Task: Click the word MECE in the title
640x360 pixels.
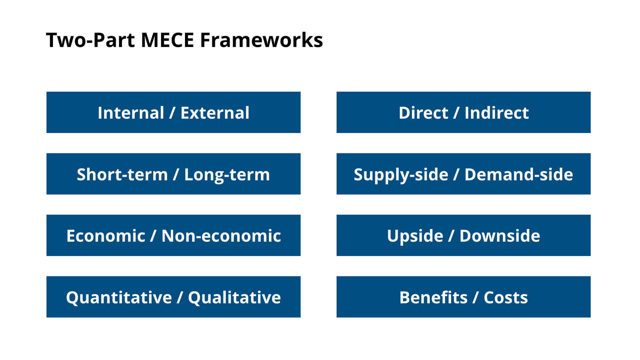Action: pos(167,40)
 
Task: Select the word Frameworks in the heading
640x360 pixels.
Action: pos(261,40)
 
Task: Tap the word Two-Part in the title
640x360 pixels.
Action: pos(90,40)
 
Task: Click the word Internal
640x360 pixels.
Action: pos(131,113)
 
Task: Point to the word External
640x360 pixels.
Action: pos(215,113)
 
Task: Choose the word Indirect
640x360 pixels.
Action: pos(496,113)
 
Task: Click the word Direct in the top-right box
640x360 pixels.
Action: pos(423,113)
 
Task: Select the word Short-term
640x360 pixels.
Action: pos(122,174)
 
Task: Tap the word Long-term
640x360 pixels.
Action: pos(227,174)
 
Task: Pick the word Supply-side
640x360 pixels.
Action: pos(401,175)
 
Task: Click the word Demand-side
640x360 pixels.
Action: pos(519,174)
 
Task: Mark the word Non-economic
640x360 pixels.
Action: pos(221,236)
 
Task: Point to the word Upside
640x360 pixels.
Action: pos(415,236)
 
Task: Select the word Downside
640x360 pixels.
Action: pos(500,236)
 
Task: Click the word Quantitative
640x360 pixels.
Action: pos(119,297)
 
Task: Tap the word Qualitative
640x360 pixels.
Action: pos(234,297)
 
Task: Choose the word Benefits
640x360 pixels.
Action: pos(433,297)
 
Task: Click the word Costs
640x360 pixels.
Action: pos(506,297)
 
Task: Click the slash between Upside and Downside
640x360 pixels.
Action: pos(451,236)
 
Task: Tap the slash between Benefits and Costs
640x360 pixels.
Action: pos(476,297)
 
